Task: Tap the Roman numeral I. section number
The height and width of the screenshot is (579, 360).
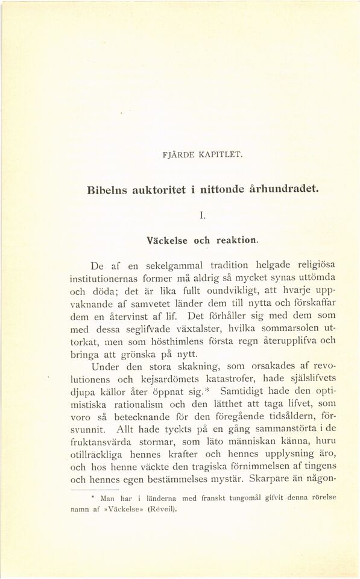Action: (202, 214)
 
